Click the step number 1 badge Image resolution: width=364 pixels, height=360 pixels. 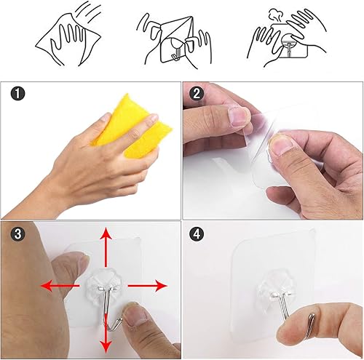17,94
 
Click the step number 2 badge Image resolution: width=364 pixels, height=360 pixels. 196,94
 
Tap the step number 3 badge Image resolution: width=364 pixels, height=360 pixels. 17,234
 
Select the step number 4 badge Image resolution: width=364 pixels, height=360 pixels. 196,234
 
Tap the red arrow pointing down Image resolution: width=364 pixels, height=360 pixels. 106,331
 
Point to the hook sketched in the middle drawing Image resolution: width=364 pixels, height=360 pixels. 174,52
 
